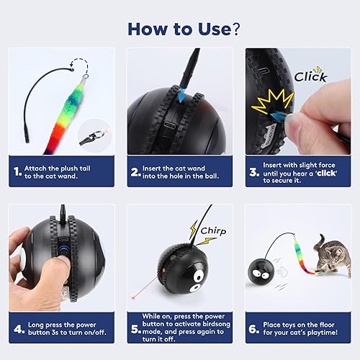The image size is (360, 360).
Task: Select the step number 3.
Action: [253, 172]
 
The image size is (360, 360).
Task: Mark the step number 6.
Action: [253, 328]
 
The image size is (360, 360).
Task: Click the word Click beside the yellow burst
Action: [310, 76]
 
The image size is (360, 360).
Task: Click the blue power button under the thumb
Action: [63, 248]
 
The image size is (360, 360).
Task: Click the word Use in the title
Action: [205, 29]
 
